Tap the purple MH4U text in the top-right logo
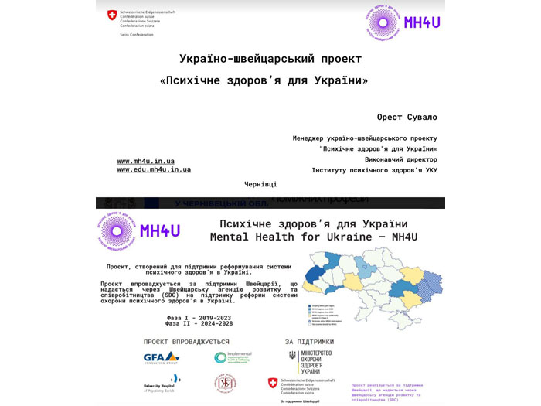point(421,22)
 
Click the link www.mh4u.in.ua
point(145,161)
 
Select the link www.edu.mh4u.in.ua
point(154,169)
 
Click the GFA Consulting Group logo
point(161,358)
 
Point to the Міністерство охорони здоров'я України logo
point(309,360)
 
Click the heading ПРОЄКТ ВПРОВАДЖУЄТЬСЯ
point(186,341)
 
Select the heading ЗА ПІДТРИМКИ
point(309,341)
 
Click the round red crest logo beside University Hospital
point(225,382)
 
